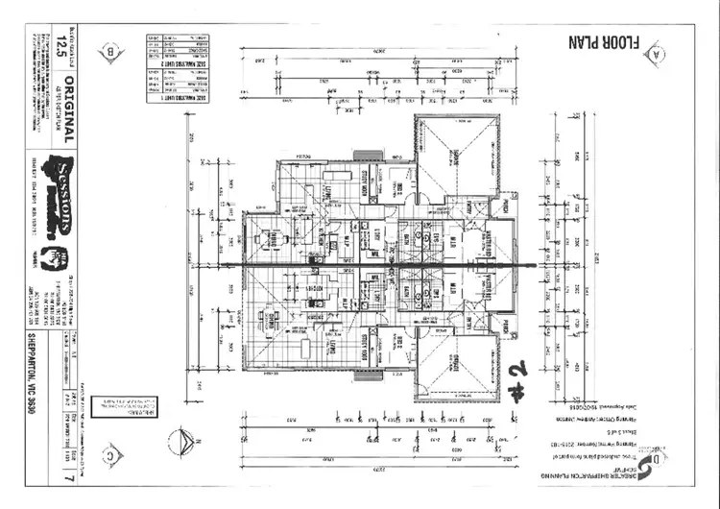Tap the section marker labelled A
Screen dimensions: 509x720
click(x=657, y=53)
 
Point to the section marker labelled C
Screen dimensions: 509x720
click(x=112, y=456)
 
